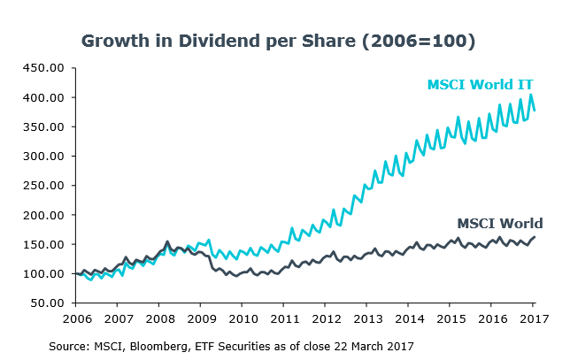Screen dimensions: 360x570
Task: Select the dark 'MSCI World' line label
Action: (499, 223)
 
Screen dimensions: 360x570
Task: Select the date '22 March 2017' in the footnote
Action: (372, 343)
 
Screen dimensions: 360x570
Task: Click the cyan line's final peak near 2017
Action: (531, 95)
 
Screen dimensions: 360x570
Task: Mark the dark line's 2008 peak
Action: (168, 241)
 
